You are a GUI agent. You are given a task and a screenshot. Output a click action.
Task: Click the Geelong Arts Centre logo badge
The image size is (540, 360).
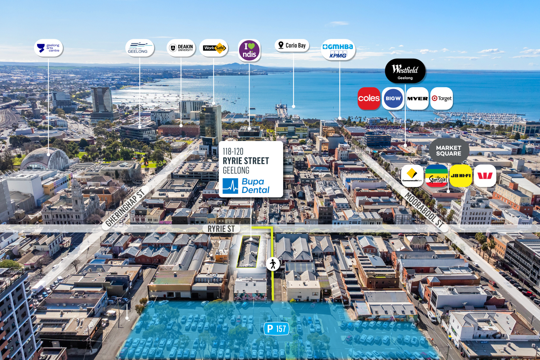pos(49,48)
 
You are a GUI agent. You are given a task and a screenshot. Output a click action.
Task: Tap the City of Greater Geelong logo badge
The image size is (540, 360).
pos(140,48)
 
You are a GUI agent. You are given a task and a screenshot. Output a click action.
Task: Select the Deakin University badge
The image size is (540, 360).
pos(181,48)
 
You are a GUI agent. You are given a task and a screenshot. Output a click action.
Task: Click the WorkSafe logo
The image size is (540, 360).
pos(214,48)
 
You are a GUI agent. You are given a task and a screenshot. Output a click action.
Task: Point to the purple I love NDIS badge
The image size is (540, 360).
pos(249,50)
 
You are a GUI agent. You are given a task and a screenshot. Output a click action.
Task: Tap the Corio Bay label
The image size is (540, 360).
pos(292,45)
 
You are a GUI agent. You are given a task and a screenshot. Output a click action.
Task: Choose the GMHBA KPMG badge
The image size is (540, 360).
pos(338,50)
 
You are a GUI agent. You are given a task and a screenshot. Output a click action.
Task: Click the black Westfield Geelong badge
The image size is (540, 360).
pos(405,71)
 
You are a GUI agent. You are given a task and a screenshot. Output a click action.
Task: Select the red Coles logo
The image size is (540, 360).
pos(369,98)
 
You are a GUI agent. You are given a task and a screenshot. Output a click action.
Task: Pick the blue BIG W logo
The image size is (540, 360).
pos(393,98)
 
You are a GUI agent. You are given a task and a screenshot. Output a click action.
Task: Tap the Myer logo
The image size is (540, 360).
pos(417,98)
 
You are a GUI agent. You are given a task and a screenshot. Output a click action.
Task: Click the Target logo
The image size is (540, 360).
pos(441,98)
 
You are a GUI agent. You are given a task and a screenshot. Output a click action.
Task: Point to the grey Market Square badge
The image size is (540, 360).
pos(449,150)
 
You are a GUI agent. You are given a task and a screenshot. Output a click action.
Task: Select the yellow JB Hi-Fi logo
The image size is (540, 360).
pos(461,176)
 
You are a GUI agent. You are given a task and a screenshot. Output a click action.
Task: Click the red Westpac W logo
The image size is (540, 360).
pos(485,176)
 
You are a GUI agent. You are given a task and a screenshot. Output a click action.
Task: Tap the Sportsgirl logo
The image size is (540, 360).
pos(437,176)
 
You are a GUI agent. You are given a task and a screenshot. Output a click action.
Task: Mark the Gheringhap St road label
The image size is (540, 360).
pos(125,208)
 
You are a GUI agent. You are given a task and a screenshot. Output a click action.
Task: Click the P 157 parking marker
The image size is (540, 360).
pos(276,329)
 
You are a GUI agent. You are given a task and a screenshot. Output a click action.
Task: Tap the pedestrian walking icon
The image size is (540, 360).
pos(273,264)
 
